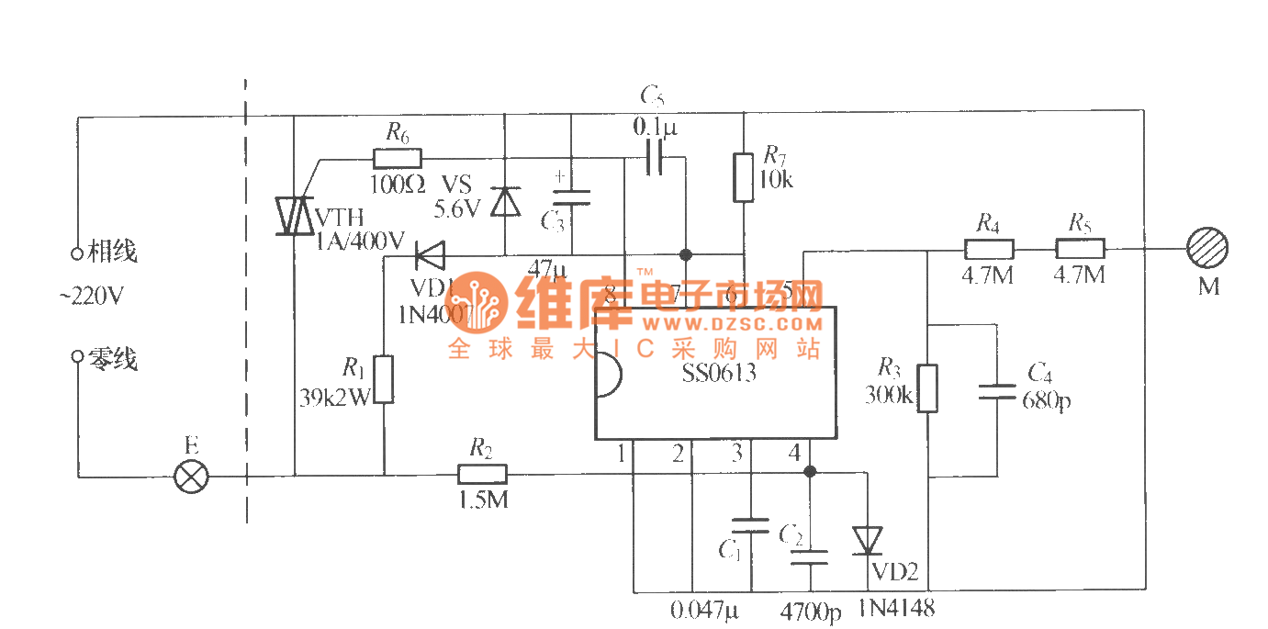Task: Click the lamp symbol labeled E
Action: (192, 477)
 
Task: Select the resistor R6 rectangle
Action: (398, 158)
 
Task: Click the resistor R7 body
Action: (743, 177)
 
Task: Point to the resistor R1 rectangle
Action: (384, 379)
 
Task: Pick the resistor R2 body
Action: (482, 475)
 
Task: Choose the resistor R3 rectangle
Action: (928, 388)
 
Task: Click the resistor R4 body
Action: (989, 248)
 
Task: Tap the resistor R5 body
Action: (1080, 248)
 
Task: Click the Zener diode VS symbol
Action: (504, 200)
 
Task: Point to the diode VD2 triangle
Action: (867, 540)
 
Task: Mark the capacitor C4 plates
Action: (997, 391)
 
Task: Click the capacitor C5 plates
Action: (654, 157)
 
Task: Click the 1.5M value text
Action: (482, 500)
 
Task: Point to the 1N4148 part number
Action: (896, 608)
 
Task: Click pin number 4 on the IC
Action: (793, 453)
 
